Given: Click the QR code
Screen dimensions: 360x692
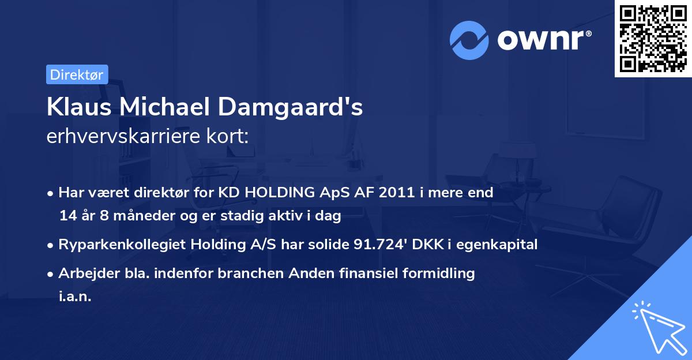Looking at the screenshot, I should pyautogui.click(x=653, y=38).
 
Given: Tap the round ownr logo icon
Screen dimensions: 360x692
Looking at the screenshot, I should pyautogui.click(x=469, y=40).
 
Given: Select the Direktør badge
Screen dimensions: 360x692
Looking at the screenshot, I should pyautogui.click(x=77, y=74).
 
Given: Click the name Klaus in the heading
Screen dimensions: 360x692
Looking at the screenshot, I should pyautogui.click(x=73, y=108).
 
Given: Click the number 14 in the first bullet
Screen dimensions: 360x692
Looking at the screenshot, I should pyautogui.click(x=67, y=216).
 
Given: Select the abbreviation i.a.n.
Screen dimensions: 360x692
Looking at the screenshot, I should pyautogui.click(x=75, y=297).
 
